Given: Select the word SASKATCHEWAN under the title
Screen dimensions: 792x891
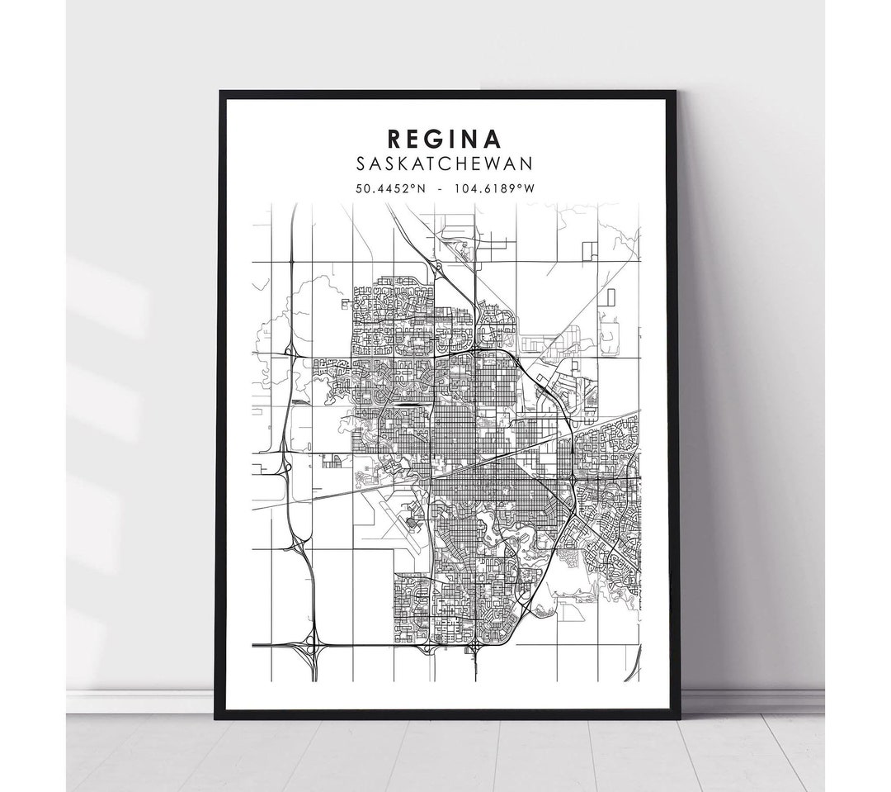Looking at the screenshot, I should pos(446,165).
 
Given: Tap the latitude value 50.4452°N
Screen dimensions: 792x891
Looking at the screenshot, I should pos(389,189).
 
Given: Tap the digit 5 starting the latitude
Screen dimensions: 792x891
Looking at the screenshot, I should pos(359,189).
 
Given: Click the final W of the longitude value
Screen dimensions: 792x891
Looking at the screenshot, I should pos(531,189).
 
